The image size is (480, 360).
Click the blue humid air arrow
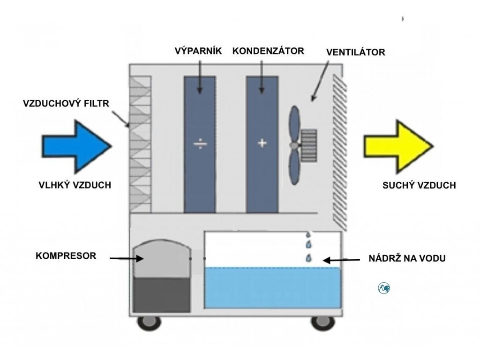pyautogui.click(x=76, y=146)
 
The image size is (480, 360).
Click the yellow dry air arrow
pyautogui.click(x=398, y=147)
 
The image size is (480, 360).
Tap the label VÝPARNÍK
pyautogui.click(x=198, y=51)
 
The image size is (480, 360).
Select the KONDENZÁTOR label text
pyautogui.click(x=268, y=51)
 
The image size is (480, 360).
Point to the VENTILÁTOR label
pyautogui.click(x=355, y=52)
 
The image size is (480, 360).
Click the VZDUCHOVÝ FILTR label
pyautogui.click(x=66, y=104)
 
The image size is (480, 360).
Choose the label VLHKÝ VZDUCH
pyautogui.click(x=75, y=185)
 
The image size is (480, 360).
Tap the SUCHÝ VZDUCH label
pyautogui.click(x=419, y=185)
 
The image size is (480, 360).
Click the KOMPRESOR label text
pyautogui.click(x=66, y=255)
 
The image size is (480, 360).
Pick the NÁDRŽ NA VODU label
pyautogui.click(x=407, y=258)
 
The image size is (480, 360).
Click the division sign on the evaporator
pyautogui.click(x=200, y=143)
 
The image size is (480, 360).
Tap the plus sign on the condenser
pyautogui.click(x=262, y=142)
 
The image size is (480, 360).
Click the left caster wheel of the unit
pyautogui.click(x=149, y=323)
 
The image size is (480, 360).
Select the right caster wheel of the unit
pyautogui.click(x=322, y=323)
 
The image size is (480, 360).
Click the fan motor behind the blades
pyautogui.click(x=308, y=145)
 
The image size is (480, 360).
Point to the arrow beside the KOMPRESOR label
pyautogui.click(x=127, y=258)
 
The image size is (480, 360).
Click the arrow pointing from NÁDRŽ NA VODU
pyautogui.click(x=341, y=260)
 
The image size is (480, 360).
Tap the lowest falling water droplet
pyautogui.click(x=308, y=258)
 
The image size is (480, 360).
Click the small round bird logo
pyautogui.click(x=384, y=288)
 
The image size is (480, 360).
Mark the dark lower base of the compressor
pyautogui.click(x=162, y=295)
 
